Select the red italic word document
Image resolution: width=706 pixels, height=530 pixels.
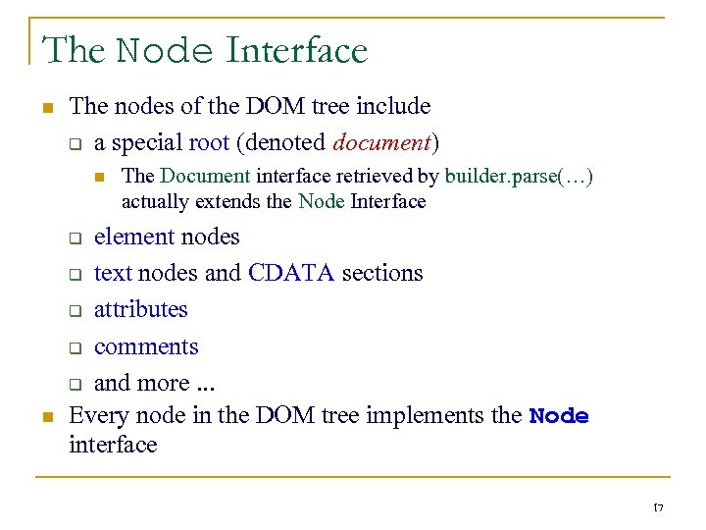(x=381, y=142)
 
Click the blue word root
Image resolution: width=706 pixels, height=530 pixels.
(x=209, y=142)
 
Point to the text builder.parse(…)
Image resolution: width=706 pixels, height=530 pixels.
(x=519, y=177)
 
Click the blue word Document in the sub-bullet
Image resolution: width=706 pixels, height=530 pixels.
(x=205, y=177)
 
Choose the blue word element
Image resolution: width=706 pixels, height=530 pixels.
(x=134, y=237)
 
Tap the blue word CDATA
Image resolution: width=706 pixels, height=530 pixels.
(x=291, y=273)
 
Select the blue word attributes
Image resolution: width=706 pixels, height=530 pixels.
(x=140, y=309)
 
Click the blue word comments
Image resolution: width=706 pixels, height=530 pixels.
(x=146, y=346)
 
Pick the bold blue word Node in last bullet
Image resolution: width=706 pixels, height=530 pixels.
(x=559, y=416)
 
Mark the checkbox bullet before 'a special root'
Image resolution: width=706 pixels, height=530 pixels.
(x=74, y=144)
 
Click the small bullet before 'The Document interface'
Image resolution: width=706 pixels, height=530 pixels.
(x=99, y=178)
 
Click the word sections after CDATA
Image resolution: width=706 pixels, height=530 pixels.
(x=382, y=273)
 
